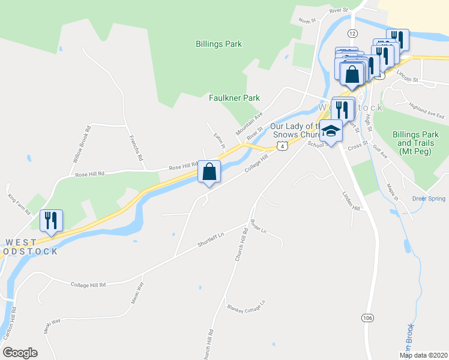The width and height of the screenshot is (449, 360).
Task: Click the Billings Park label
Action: point(218,44)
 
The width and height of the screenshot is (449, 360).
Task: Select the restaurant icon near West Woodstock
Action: point(50,220)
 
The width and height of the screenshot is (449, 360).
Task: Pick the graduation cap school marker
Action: point(330,130)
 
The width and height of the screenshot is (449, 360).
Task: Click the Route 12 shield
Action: point(352,33)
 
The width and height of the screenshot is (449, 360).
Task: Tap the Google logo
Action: point(20,353)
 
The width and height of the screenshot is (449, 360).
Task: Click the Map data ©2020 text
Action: point(423,355)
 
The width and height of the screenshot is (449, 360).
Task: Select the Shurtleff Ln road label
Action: point(210,241)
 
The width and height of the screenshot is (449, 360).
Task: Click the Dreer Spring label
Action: point(429,199)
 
